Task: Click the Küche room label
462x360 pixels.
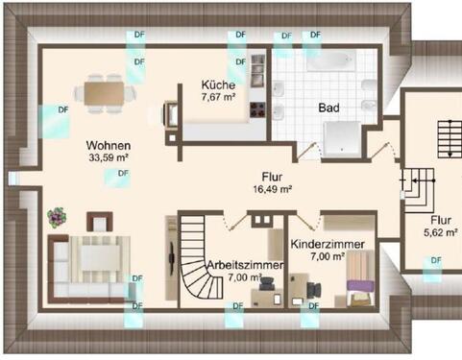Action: point(218,84)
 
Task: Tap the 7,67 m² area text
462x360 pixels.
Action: point(218,97)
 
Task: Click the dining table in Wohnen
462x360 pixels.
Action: point(104,92)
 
